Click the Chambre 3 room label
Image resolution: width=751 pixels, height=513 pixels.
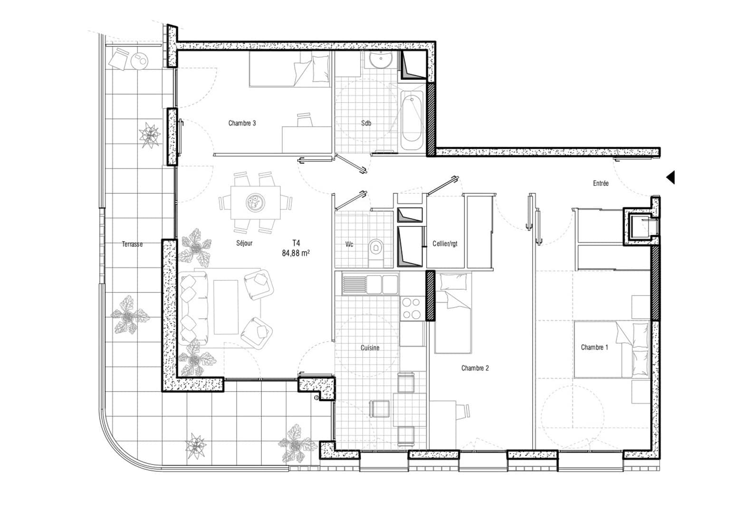(242, 123)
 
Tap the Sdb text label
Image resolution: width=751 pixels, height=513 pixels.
(366, 123)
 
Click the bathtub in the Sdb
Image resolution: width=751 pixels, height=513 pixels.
(411, 121)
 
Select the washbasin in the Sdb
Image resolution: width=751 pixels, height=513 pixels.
(381, 61)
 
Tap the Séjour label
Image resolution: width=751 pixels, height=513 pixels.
(244, 243)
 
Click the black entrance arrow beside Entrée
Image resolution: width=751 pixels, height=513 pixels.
(670, 178)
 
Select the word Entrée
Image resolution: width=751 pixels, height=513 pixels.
(600, 183)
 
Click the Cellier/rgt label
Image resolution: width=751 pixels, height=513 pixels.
(445, 244)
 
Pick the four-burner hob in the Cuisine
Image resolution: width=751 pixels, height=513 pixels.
(412, 308)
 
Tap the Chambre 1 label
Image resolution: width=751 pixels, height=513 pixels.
(594, 348)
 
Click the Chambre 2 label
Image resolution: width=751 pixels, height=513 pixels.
(475, 368)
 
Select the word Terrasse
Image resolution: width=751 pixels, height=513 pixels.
(132, 244)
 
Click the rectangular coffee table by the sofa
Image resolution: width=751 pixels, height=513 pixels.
(226, 307)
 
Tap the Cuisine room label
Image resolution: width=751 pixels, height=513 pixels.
(370, 348)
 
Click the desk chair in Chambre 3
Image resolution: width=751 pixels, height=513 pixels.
(305, 120)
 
